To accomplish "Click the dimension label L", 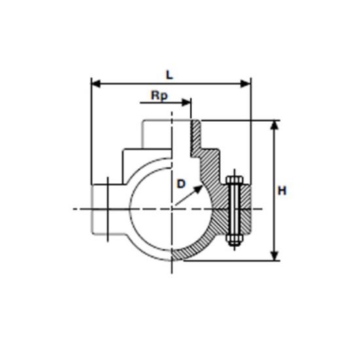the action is coord(170,75).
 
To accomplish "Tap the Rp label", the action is coord(159,96).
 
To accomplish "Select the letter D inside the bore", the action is coord(181,184).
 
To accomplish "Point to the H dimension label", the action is coord(282,190).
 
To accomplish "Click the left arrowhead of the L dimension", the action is coord(96,84).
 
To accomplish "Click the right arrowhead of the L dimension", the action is coord(245,84).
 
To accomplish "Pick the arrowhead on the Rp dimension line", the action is coord(186,102).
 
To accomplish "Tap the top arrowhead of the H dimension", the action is coord(275,125).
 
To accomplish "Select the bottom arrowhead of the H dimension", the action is coord(275,256).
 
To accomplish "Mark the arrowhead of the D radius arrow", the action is coord(198,189).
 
